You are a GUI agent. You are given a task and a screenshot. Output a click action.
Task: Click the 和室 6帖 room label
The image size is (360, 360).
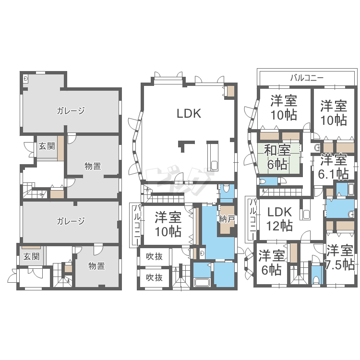(277, 157)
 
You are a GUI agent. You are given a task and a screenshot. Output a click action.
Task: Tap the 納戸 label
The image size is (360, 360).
(227, 219)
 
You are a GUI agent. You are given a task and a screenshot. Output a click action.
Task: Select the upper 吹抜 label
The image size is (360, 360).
(154, 256)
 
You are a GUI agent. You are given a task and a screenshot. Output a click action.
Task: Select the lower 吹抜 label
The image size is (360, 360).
(154, 277)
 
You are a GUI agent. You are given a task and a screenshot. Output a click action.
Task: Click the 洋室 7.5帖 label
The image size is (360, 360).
(340, 257)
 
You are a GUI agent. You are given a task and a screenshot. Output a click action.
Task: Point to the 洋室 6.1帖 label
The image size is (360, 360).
(334, 167)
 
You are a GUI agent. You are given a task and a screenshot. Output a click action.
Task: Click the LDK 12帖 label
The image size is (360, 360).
(279, 219)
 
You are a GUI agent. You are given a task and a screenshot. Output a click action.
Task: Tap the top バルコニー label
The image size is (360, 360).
(307, 78)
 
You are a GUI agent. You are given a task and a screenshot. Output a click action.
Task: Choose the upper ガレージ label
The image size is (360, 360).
(71, 111)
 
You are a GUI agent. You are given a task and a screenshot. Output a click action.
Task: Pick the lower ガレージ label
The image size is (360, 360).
(71, 221)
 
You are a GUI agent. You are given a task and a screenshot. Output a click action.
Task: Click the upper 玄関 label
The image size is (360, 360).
(47, 146)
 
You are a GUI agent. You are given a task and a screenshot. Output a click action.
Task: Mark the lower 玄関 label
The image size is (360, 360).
(32, 256)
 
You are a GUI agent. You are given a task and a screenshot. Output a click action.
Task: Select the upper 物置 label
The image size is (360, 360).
(93, 166)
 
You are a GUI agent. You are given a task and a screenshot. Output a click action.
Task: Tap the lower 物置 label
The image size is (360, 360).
(96, 266)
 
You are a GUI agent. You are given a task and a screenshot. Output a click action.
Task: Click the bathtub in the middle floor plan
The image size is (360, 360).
(202, 282)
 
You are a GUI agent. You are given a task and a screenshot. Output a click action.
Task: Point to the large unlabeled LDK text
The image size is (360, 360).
(189, 113)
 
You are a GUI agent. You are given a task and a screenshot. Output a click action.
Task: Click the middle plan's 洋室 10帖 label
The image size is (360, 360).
(168, 224)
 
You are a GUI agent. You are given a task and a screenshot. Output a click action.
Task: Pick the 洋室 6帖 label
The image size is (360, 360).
(272, 263)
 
